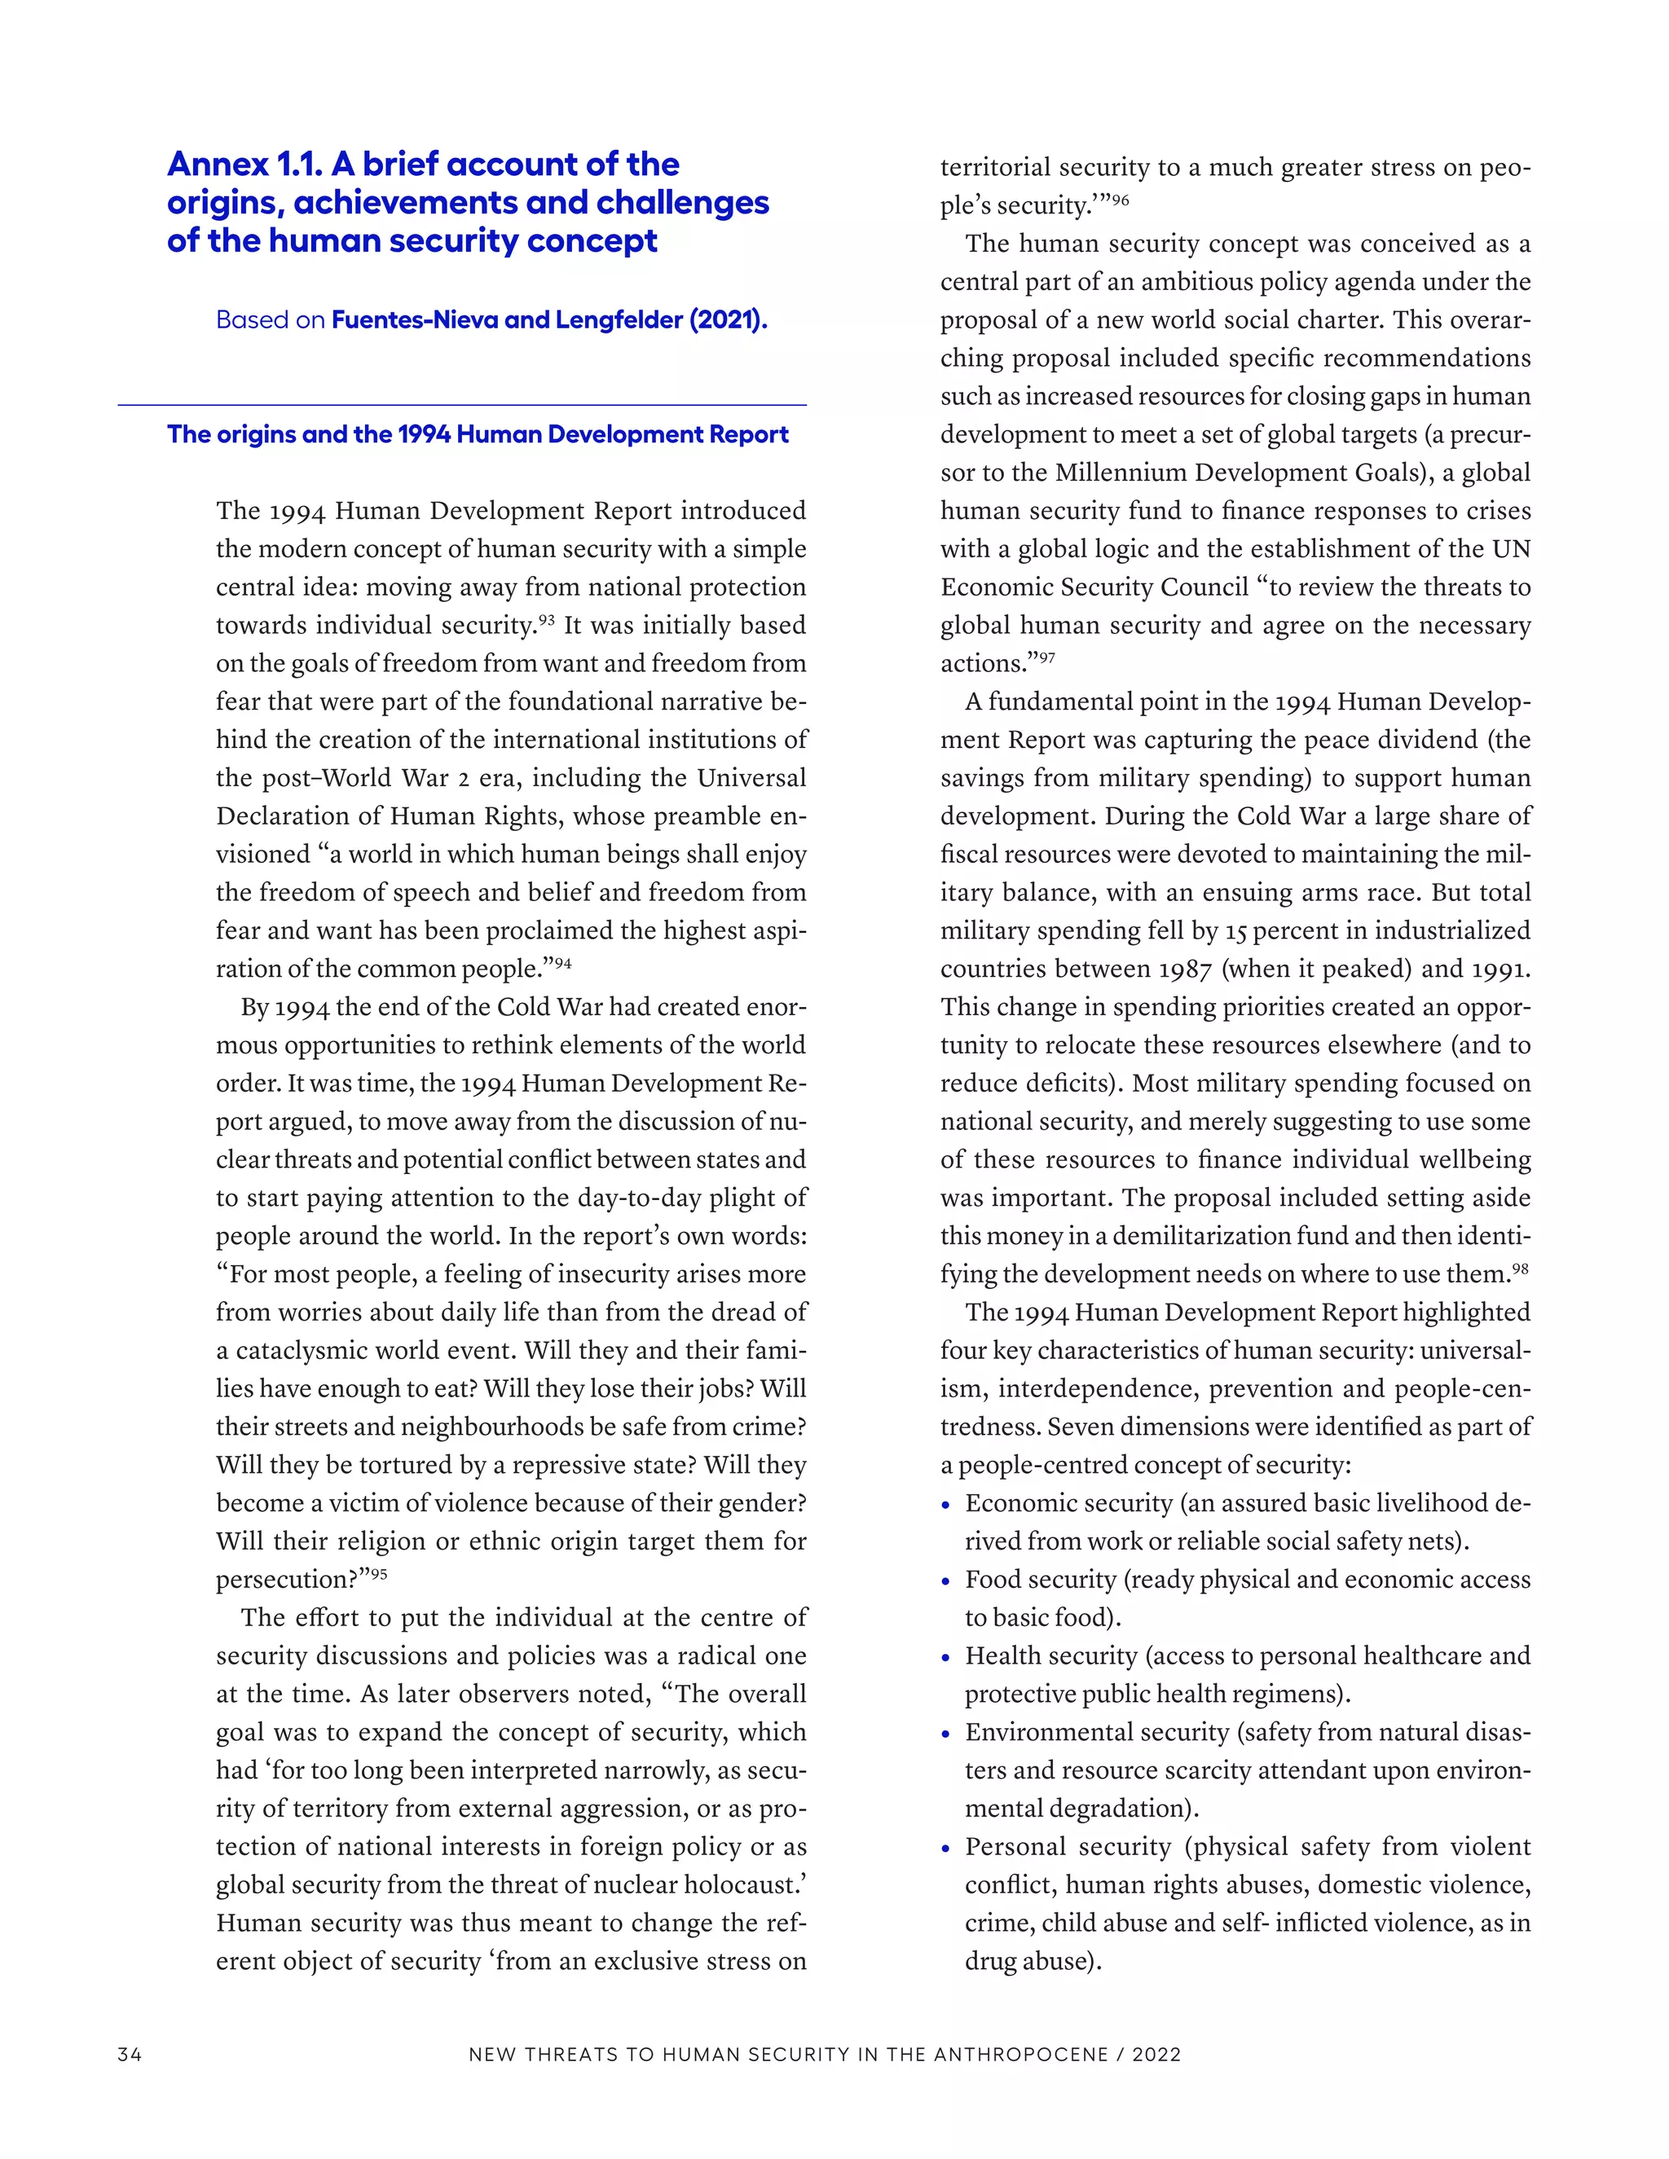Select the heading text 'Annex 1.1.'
point(243,164)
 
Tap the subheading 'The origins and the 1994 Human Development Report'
point(478,435)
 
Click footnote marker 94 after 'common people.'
point(562,963)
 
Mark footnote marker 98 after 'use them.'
point(1520,1269)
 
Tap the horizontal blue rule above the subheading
point(462,405)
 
